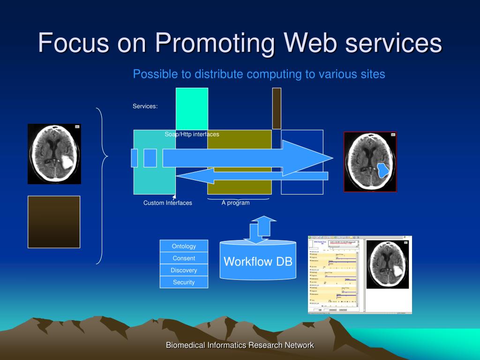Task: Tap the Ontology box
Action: (184, 246)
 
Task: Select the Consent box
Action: (184, 258)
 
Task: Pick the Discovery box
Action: (184, 270)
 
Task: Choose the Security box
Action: (184, 282)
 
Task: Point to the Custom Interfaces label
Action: (168, 203)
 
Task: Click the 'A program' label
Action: (235, 203)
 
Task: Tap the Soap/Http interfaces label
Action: (192, 135)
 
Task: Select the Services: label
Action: (145, 106)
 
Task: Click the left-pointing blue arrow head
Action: (185, 176)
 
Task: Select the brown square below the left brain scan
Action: (54, 222)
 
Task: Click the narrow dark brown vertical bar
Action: (277, 108)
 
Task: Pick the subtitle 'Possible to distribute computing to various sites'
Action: (259, 74)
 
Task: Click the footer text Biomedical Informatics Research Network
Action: (240, 345)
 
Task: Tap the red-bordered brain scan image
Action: (370, 162)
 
